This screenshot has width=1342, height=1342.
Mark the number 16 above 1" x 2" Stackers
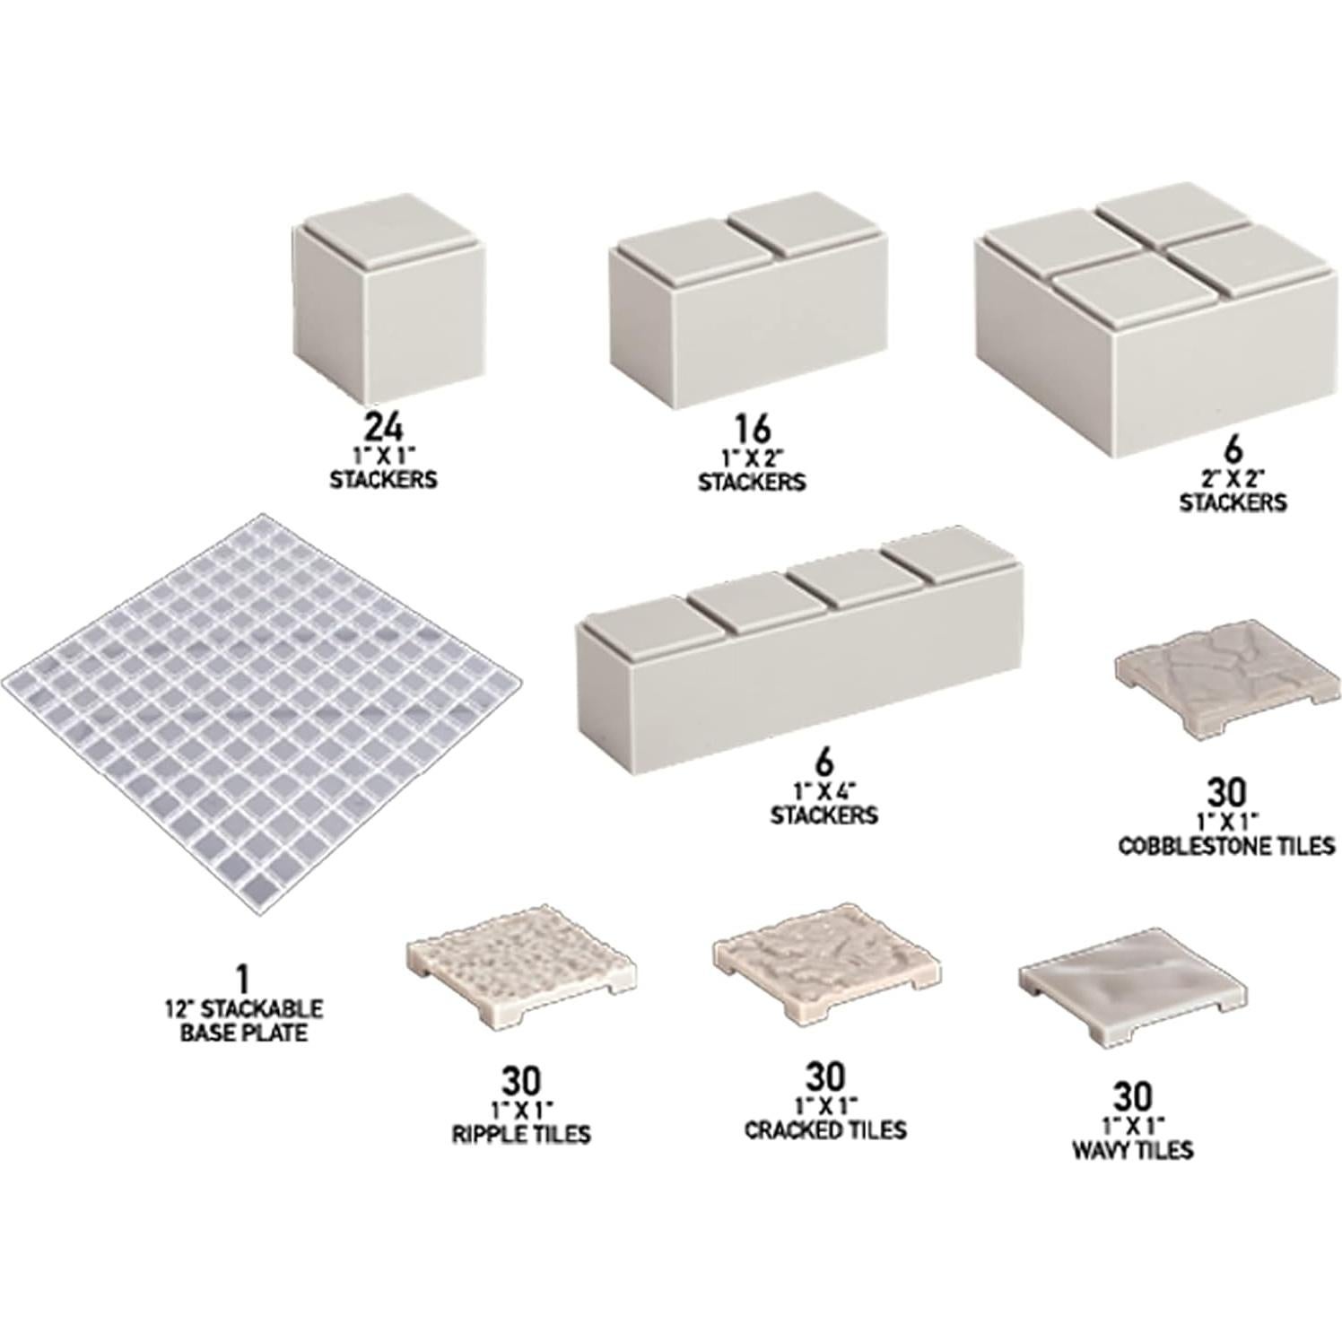(x=752, y=430)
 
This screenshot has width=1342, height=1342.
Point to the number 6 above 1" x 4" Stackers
(x=823, y=762)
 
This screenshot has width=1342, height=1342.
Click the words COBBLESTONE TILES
(x=1226, y=845)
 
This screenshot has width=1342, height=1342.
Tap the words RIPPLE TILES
(x=520, y=1134)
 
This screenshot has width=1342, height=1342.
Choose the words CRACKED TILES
(x=825, y=1129)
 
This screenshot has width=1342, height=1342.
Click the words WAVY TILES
(x=1132, y=1149)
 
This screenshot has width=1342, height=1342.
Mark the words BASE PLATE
(x=244, y=1033)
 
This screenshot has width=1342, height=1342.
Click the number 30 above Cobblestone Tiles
(x=1225, y=793)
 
